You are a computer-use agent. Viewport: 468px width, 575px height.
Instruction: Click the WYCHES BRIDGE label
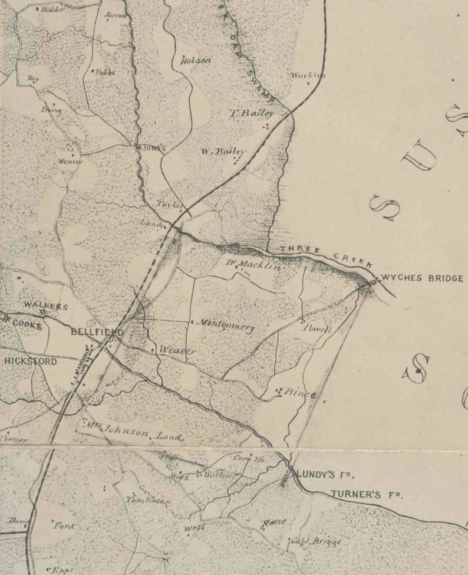[422, 278]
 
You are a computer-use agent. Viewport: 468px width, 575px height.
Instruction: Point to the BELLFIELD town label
[97, 333]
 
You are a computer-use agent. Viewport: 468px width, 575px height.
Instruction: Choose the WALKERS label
[46, 306]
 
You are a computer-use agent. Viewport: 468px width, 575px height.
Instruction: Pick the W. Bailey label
[223, 152]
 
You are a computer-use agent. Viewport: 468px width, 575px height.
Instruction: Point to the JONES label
[154, 148]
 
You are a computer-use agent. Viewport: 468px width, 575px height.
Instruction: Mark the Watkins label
[308, 75]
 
